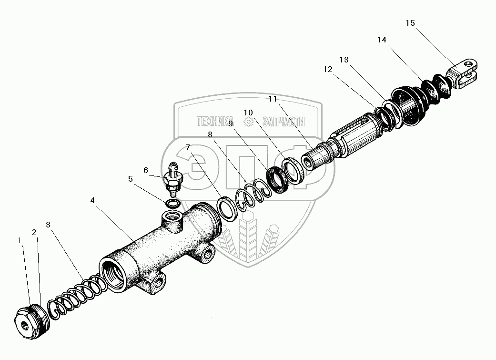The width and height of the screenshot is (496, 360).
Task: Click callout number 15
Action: [x=410, y=22]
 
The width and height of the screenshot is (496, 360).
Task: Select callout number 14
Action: [x=381, y=40]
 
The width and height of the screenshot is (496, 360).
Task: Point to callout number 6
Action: [x=145, y=170]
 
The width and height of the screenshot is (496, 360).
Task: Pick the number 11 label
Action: [x=273, y=99]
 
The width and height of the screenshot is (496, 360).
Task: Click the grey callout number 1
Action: [x=20, y=241]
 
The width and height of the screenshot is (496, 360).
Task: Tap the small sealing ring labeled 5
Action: [x=173, y=204]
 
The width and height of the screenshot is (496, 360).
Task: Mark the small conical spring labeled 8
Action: [x=253, y=193]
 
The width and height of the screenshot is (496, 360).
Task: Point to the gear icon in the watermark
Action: [x=248, y=122]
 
